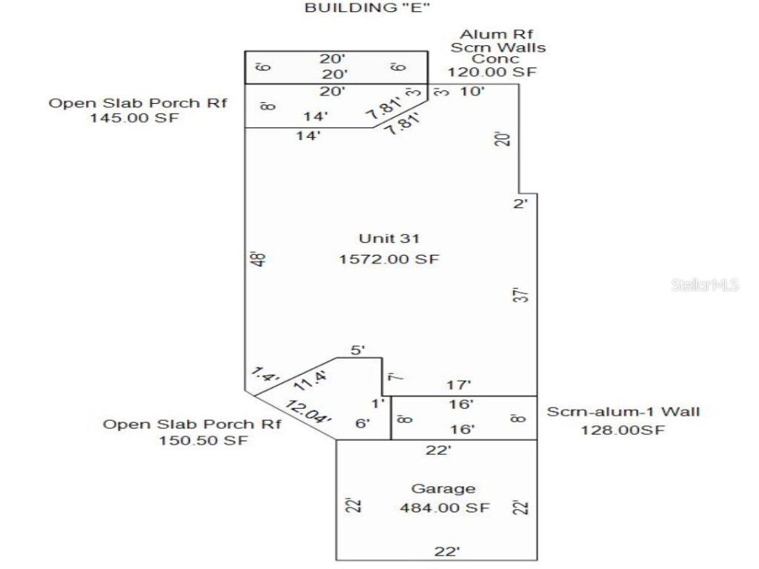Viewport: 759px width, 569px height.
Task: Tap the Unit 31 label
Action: click(x=389, y=239)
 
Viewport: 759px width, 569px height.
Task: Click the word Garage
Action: click(x=443, y=489)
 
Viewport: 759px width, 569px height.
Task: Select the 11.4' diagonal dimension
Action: click(x=311, y=382)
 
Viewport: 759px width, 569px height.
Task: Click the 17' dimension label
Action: click(x=460, y=385)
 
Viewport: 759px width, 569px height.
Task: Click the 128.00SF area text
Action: click(x=622, y=430)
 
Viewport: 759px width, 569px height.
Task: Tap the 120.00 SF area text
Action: click(x=491, y=72)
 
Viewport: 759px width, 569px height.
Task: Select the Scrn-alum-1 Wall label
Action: click(x=623, y=412)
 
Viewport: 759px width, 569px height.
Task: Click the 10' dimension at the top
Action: click(x=472, y=92)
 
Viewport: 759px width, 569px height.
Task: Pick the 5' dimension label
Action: click(x=358, y=350)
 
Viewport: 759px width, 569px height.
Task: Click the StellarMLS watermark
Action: click(x=705, y=284)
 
